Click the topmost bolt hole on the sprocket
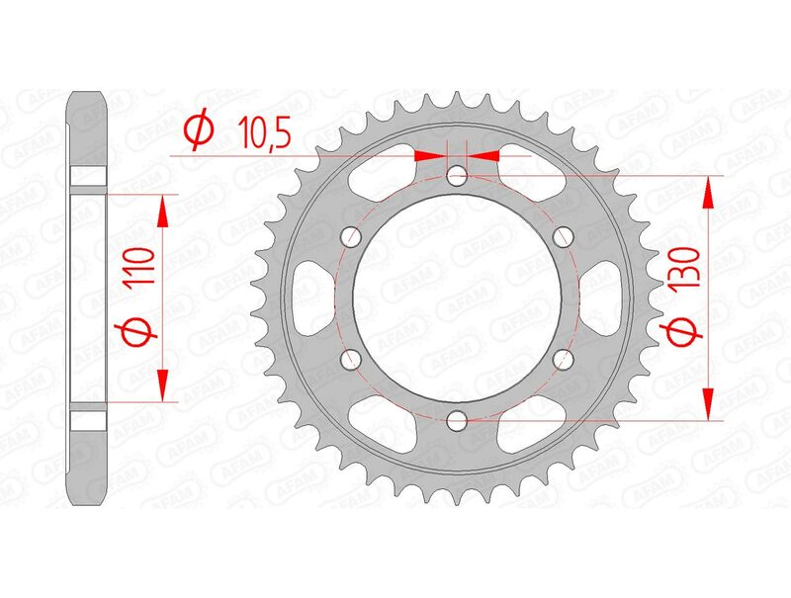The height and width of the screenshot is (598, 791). [456, 177]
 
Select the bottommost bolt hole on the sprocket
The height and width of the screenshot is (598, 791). [456, 420]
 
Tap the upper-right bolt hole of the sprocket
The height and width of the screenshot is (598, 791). [564, 237]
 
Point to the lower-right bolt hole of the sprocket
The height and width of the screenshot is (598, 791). [564, 360]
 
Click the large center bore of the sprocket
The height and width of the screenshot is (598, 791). [456, 299]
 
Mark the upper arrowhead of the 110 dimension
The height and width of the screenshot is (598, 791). [164, 211]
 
